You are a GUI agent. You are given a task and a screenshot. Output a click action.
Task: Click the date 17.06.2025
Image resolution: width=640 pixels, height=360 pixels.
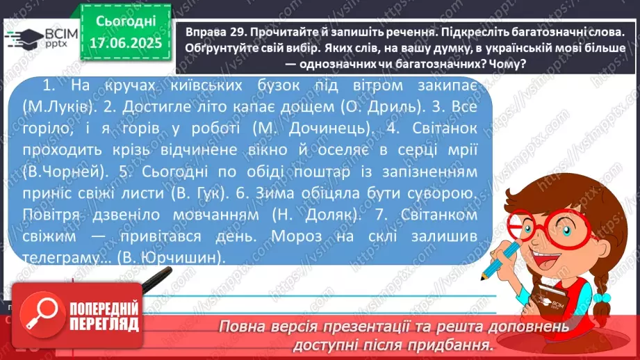pyautogui.click(x=125, y=43)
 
